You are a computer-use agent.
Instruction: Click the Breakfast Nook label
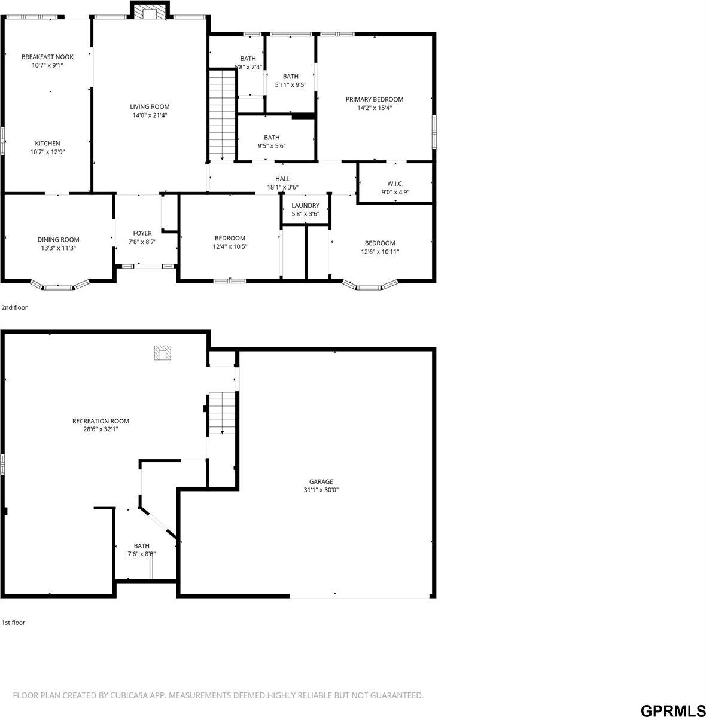47,57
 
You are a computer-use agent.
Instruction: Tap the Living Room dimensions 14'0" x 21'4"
150,115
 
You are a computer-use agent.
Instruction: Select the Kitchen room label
47,144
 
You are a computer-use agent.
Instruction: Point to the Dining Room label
58,240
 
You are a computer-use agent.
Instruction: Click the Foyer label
142,233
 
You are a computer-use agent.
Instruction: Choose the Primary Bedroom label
375,99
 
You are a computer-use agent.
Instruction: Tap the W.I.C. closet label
395,184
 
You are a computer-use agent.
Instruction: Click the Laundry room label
305,206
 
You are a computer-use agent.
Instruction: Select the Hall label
282,179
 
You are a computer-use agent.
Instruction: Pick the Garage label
321,481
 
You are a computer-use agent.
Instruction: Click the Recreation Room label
101,421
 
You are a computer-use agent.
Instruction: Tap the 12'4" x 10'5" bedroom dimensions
230,246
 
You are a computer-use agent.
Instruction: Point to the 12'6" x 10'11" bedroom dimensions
380,252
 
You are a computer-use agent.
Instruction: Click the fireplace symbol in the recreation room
162,353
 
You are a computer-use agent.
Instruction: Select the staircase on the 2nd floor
222,114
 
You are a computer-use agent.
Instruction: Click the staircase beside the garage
222,413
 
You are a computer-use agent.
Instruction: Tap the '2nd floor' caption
14,308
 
